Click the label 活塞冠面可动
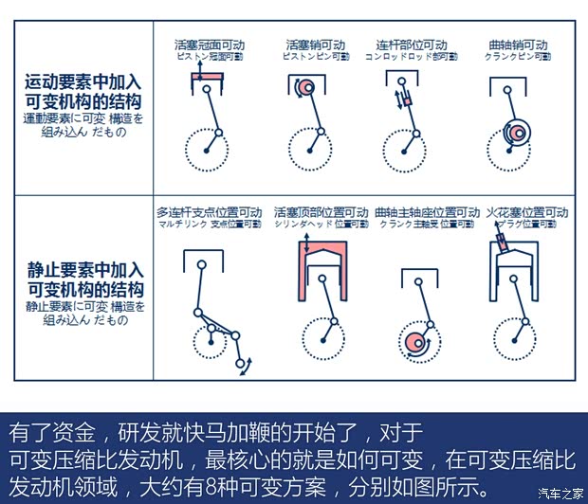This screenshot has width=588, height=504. tap(209, 45)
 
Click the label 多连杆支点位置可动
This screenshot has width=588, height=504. tap(209, 212)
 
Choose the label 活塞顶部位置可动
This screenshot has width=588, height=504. tap(321, 212)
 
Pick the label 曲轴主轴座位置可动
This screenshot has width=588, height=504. tap(426, 212)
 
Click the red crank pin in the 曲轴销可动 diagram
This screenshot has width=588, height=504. tap(516, 134)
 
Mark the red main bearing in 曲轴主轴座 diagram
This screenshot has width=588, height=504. tap(414, 343)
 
